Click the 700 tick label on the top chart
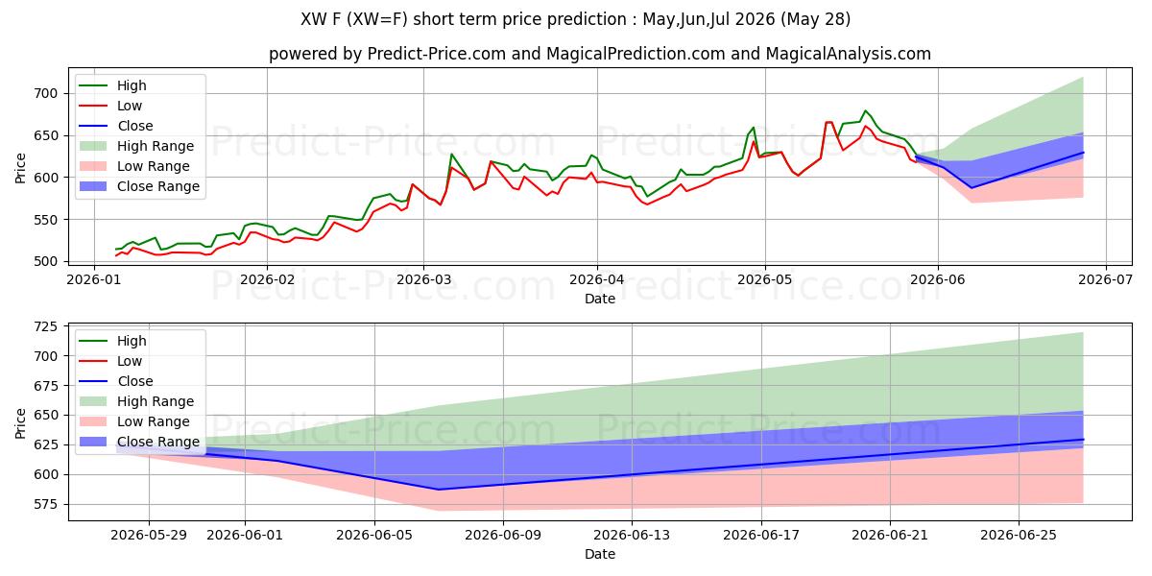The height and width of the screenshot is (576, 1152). click(x=45, y=94)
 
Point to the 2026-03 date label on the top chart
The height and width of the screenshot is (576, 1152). click(x=423, y=279)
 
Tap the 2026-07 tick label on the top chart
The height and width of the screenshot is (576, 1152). click(x=1106, y=279)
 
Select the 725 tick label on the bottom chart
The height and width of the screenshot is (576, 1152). click(x=45, y=326)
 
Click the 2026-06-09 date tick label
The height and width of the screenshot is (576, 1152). click(x=503, y=535)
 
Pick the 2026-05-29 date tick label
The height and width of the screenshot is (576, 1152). click(x=149, y=535)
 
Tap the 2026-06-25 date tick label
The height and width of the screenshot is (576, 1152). click(x=1019, y=535)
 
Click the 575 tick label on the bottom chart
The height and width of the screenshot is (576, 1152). click(x=45, y=504)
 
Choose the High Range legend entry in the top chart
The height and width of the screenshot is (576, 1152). click(x=137, y=146)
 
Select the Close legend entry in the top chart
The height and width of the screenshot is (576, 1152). click(x=117, y=126)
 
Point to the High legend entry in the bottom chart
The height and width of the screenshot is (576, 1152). click(x=113, y=341)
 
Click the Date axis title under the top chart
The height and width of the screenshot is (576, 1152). click(x=600, y=299)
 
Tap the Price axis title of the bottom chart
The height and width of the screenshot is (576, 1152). click(x=20, y=423)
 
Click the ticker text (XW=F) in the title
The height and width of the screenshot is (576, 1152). click(x=377, y=19)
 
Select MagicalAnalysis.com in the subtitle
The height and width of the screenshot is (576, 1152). click(x=848, y=54)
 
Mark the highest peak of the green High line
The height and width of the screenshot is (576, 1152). click(x=865, y=110)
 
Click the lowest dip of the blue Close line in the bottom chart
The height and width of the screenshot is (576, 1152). click(x=439, y=490)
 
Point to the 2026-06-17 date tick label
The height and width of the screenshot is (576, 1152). click(x=761, y=535)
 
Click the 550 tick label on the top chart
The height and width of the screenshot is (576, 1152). click(x=45, y=220)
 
